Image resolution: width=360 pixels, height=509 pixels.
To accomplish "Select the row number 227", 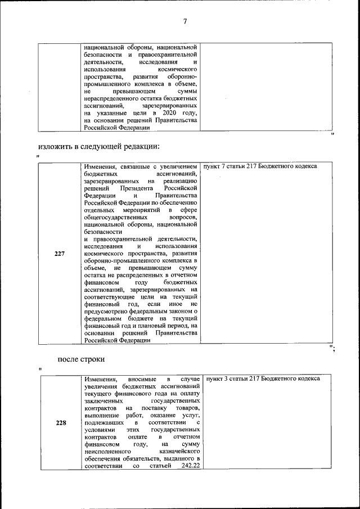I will tap(60, 254).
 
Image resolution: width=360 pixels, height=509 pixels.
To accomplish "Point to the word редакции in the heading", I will tap(141, 146).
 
